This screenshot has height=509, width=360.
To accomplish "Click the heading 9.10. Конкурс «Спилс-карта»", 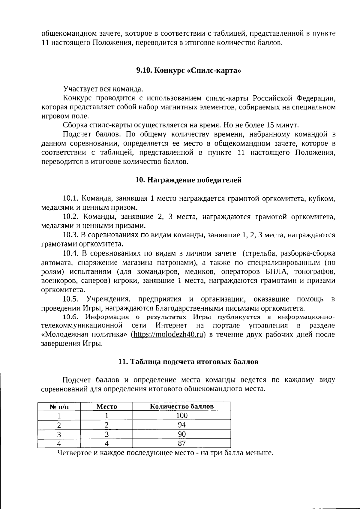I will (189, 70).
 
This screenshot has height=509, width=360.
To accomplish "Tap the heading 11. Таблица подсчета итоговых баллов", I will (188, 361).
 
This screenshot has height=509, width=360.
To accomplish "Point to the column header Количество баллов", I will (181, 406).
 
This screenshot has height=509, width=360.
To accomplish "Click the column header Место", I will (106, 407).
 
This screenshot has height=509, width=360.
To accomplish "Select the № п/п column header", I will (59, 407).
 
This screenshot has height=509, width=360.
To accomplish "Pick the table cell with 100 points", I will (181, 415).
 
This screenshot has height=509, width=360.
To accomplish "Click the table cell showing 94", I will (181, 425).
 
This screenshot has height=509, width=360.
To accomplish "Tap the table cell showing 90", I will (181, 434).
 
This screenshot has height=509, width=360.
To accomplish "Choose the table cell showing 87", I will (181, 443).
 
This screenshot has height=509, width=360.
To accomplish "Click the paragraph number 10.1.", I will (70, 199).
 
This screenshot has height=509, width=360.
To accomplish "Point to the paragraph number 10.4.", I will (70, 253).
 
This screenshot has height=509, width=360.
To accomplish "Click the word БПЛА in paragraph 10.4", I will (276, 272).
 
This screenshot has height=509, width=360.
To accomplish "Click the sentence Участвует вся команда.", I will (103, 89).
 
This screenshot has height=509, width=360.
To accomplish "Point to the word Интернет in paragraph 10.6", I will (171, 325).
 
